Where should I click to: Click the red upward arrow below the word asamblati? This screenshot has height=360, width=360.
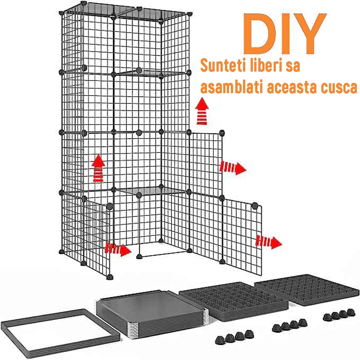click(203, 112)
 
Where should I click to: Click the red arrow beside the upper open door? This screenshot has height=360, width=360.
click(233, 168)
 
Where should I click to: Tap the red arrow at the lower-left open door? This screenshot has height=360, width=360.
click(118, 248)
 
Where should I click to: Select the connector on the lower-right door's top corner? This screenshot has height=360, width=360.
click(256, 205)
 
